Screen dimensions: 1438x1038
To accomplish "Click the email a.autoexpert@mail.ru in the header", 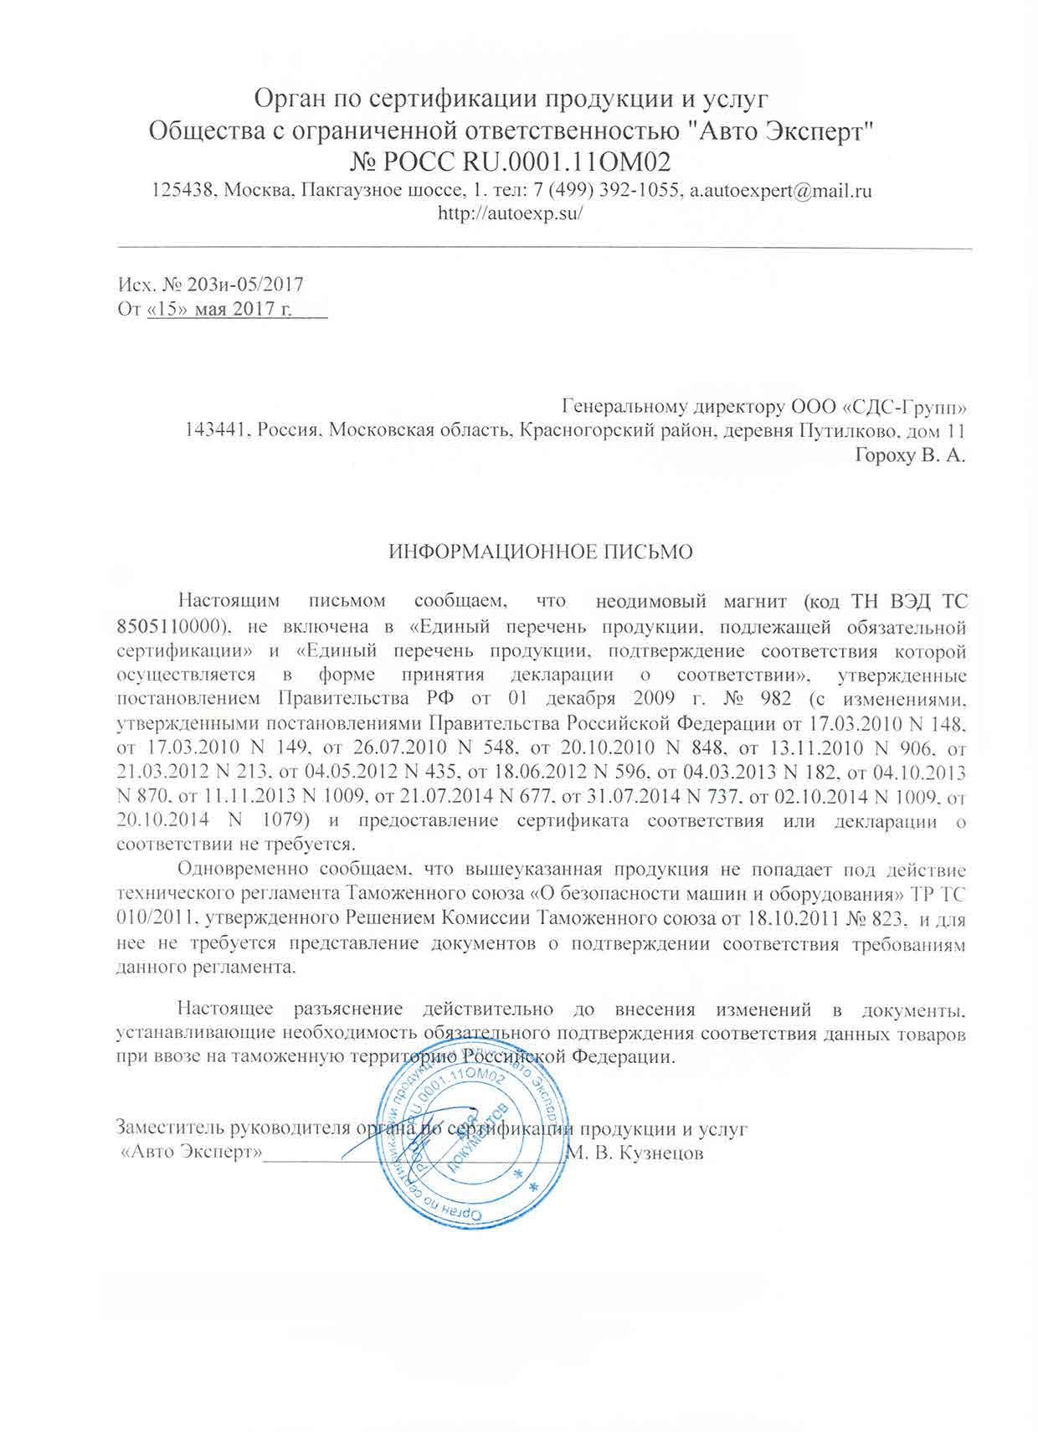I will coord(780,190).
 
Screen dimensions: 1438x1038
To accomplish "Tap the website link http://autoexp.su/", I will coord(511,212).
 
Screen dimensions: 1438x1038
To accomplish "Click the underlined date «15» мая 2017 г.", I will coord(219,310).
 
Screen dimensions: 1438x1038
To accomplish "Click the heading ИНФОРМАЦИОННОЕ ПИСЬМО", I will coord(542,552).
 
